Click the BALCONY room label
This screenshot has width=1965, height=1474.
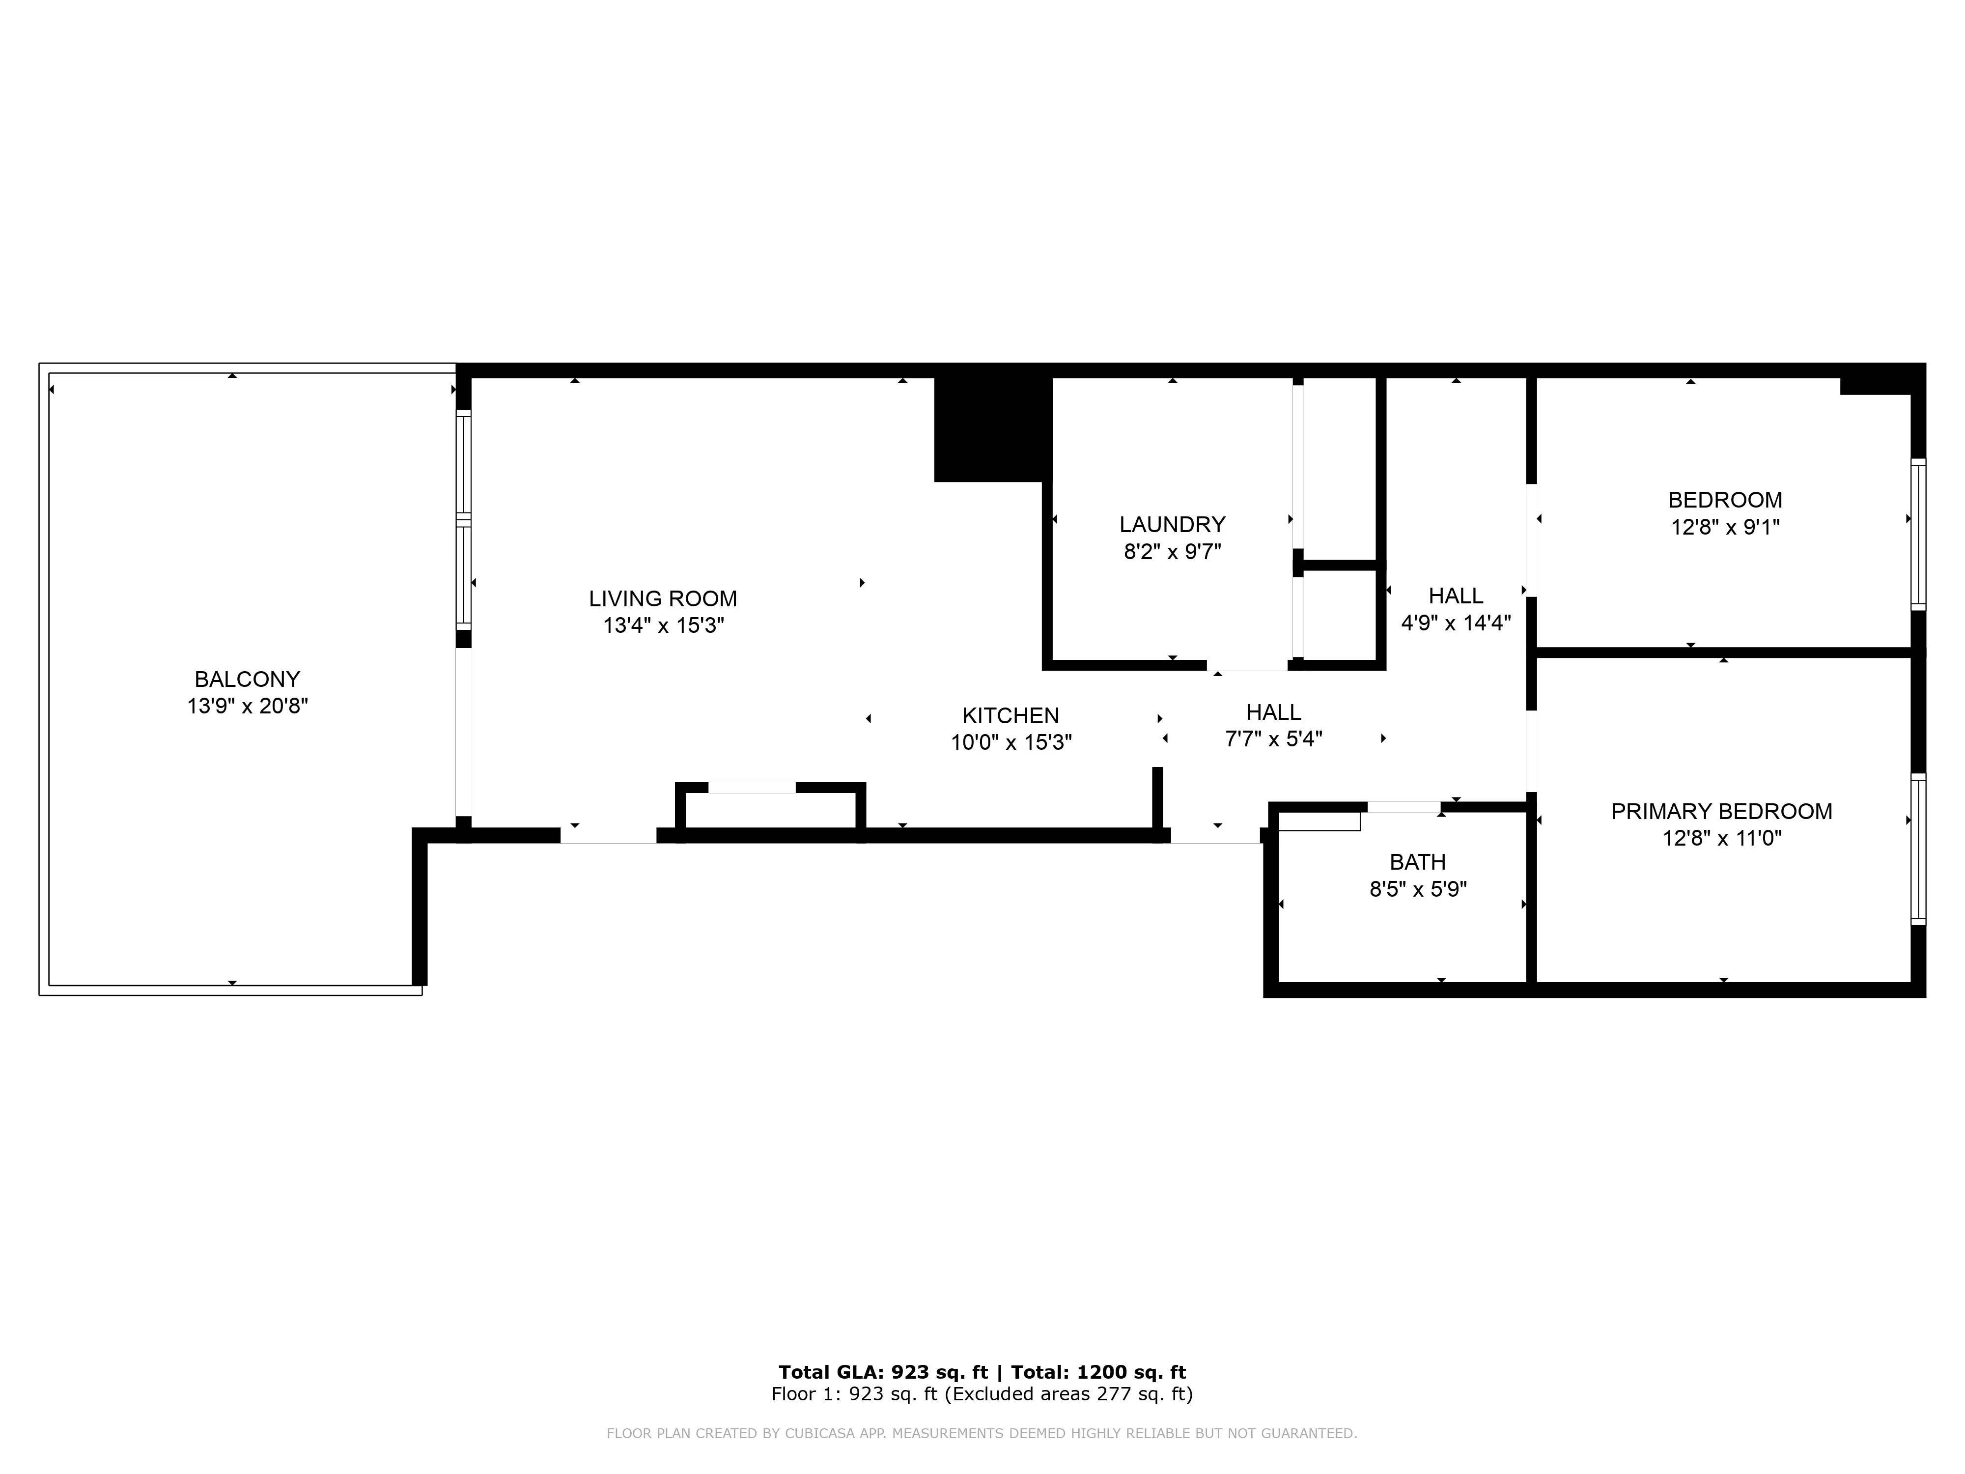click(247, 679)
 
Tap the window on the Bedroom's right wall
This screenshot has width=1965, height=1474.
click(1918, 534)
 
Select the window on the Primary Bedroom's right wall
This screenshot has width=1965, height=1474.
click(1918, 849)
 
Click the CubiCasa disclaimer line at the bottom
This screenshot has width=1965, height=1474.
click(982, 1433)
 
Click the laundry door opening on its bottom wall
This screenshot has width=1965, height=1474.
click(1246, 665)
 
